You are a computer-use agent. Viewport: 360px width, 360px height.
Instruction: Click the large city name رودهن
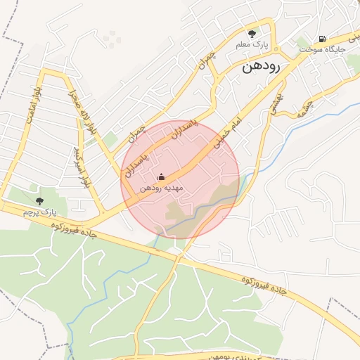point(261,67)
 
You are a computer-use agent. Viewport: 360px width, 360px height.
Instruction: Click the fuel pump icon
point(322,39)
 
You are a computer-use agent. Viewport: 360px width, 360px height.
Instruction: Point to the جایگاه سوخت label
point(319,51)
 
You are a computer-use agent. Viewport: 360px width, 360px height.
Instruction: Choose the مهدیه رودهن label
point(162,188)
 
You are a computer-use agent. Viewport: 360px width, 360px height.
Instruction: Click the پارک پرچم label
point(39,212)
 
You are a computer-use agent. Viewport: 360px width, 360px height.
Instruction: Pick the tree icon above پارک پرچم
point(39,201)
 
